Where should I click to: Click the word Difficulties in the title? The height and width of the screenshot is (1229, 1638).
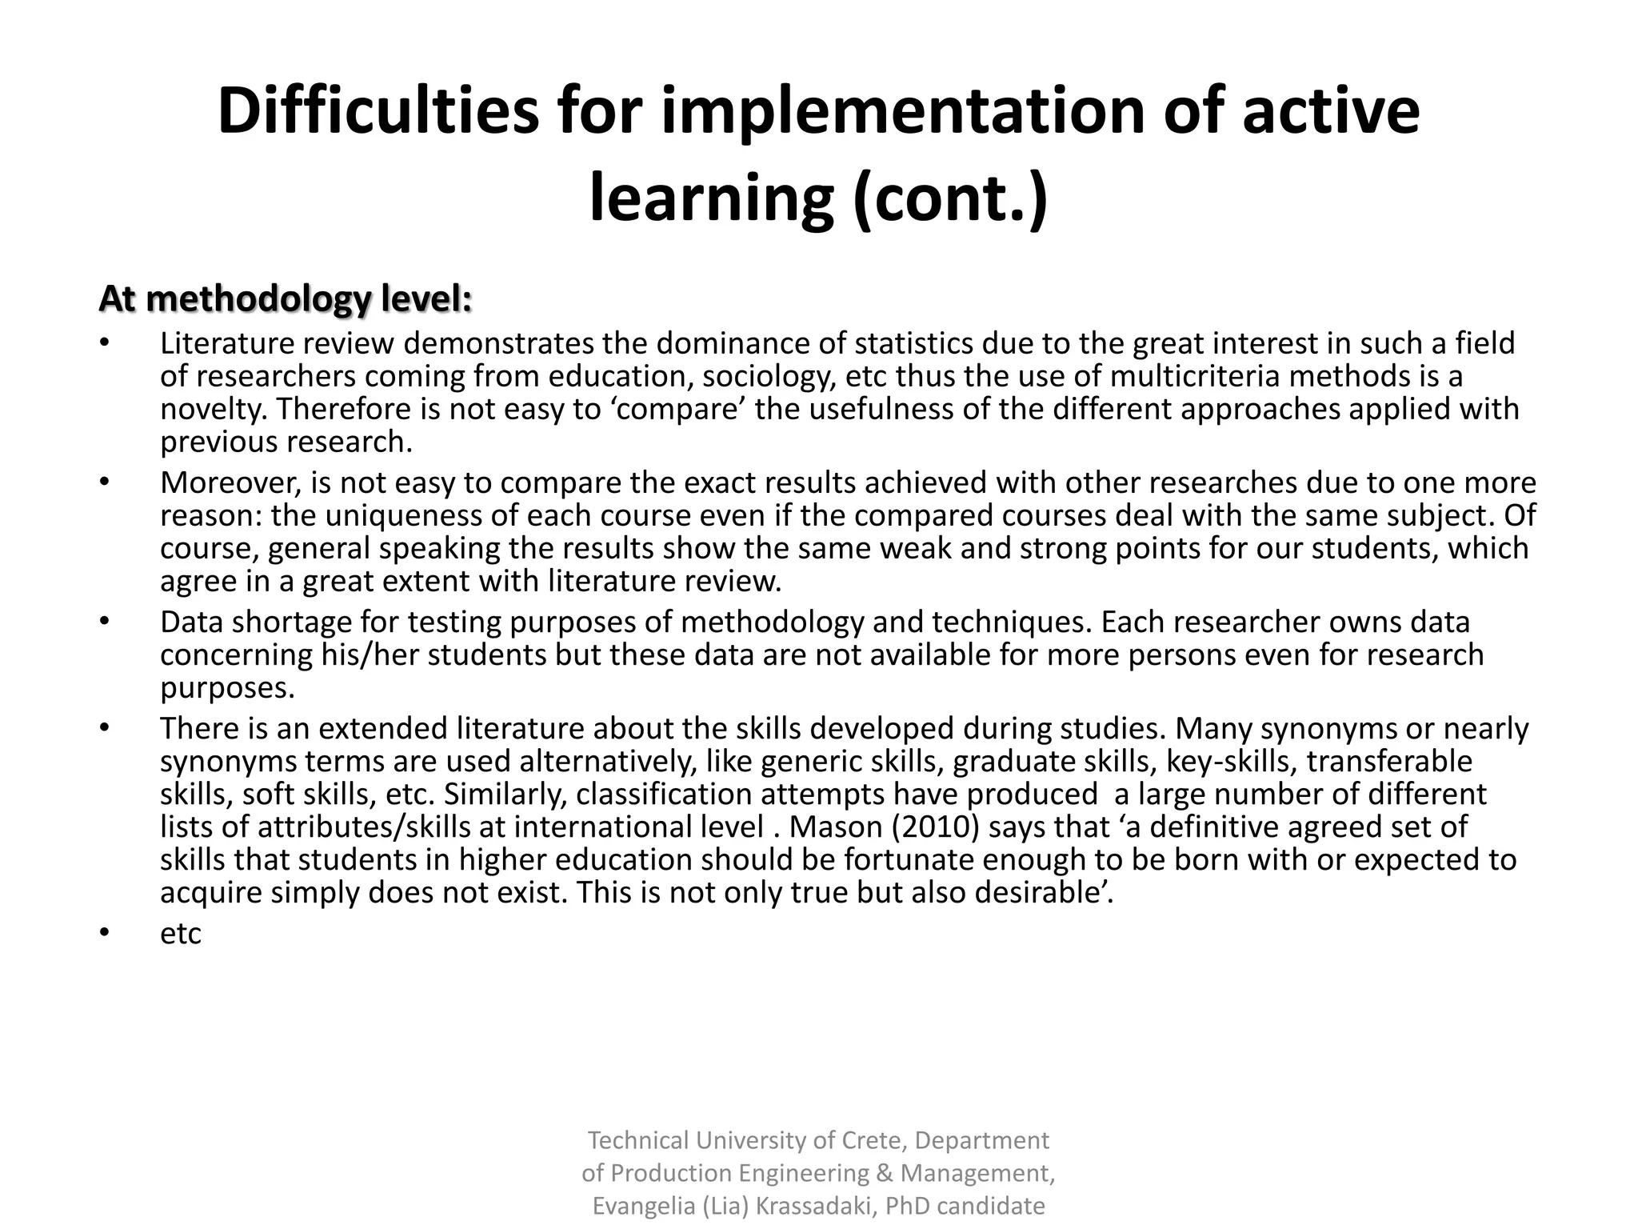pyautogui.click(x=378, y=111)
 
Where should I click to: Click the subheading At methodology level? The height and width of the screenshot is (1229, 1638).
pyautogui.click(x=286, y=299)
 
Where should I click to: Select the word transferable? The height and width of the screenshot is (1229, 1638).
pyautogui.click(x=1389, y=761)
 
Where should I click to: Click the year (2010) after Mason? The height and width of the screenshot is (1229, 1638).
pyautogui.click(x=929, y=827)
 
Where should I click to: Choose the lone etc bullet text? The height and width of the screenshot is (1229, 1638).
pyautogui.click(x=180, y=934)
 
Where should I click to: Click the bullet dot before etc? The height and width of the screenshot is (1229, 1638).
pyautogui.click(x=103, y=933)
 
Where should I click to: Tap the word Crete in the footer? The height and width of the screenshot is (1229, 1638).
pyautogui.click(x=875, y=1140)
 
